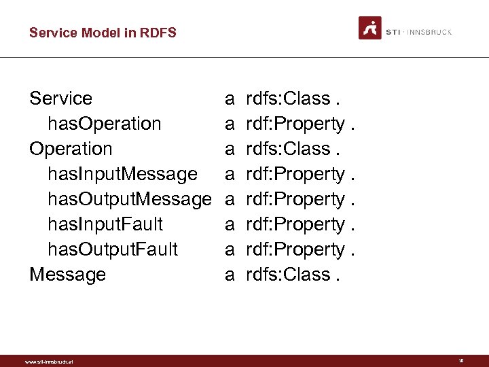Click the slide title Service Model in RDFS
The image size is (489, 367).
[x=103, y=32]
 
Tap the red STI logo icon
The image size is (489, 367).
[x=370, y=28]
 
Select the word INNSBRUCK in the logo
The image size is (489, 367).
[x=430, y=32]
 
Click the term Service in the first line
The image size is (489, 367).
[x=60, y=99]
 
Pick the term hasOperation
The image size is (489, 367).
[x=104, y=124]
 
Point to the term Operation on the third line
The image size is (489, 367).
[x=71, y=149]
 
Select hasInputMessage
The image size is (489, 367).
[x=122, y=174]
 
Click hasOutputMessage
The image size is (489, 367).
[x=129, y=199]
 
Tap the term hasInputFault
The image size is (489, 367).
[x=105, y=224]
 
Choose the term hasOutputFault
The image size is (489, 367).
[x=112, y=249]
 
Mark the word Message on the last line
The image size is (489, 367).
[x=67, y=275]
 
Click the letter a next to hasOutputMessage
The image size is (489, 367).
[x=230, y=200]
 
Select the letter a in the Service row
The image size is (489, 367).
[x=230, y=99]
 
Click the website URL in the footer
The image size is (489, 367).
[x=48, y=362]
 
